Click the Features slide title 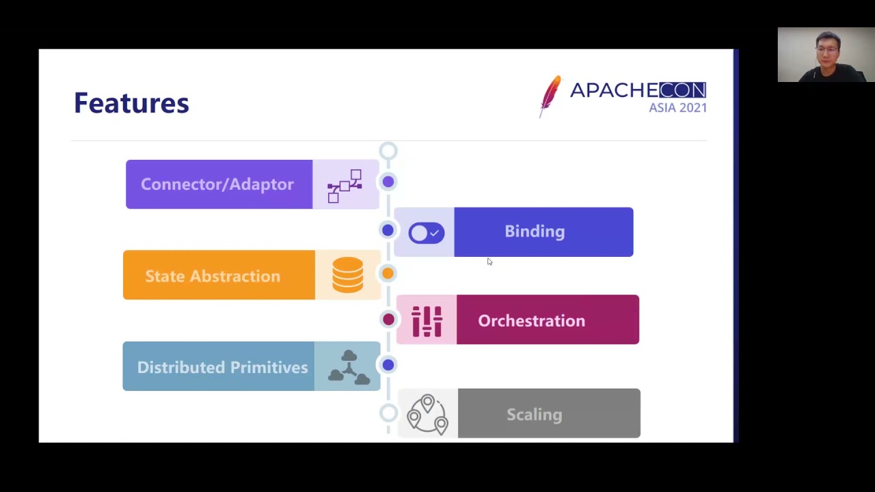(131, 103)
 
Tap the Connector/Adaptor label (217, 184)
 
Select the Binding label (535, 232)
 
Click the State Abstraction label (213, 276)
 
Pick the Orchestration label (531, 320)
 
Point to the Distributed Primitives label (222, 367)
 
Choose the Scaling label (534, 414)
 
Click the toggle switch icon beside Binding (426, 233)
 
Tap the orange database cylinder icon (348, 275)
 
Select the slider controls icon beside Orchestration (427, 320)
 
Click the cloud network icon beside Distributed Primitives (349, 367)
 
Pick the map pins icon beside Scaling (427, 414)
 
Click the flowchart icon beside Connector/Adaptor (345, 186)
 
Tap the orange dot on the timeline (388, 273)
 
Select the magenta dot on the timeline (388, 319)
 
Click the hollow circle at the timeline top (388, 151)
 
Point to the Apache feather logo (550, 96)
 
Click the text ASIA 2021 (677, 108)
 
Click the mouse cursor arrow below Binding (489, 262)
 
